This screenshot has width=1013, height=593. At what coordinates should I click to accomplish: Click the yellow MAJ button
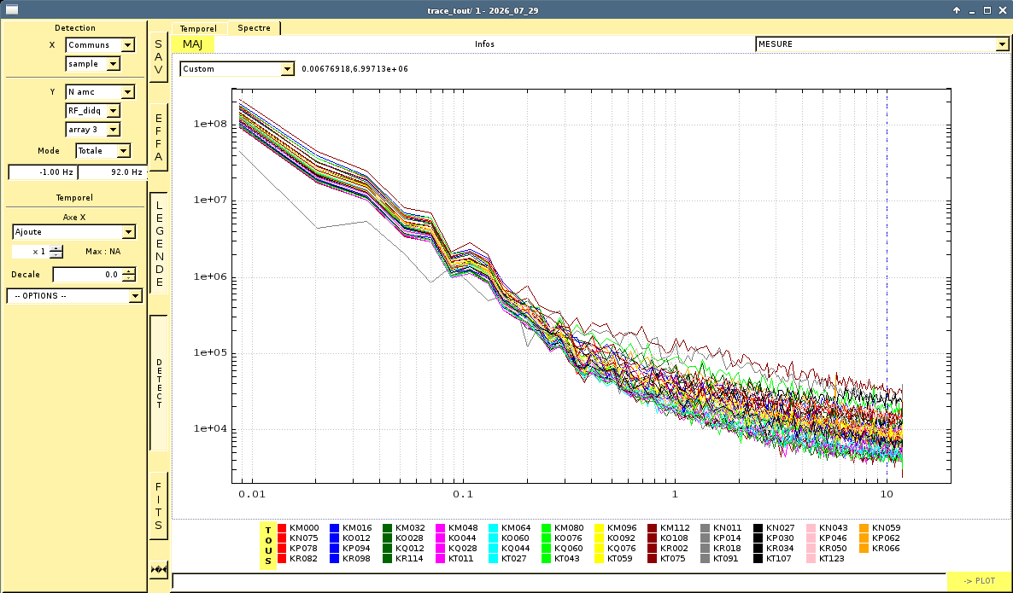[x=192, y=44]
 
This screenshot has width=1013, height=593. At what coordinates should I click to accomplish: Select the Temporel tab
[x=198, y=28]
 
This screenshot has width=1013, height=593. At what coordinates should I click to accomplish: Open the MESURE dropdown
[x=881, y=44]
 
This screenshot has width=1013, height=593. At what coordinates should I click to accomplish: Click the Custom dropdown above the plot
[x=237, y=69]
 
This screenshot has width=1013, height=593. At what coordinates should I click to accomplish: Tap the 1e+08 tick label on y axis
[x=211, y=124]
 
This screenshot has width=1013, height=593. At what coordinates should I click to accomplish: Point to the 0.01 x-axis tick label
[x=251, y=494]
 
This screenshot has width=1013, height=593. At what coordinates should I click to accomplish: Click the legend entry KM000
[x=298, y=528]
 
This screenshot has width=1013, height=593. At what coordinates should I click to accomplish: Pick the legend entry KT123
[x=826, y=559]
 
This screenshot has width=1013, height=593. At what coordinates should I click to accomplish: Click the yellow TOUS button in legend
[x=268, y=546]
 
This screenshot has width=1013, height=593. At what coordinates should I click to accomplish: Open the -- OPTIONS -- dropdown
[x=74, y=295]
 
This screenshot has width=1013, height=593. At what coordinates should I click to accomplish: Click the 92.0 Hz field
[x=112, y=172]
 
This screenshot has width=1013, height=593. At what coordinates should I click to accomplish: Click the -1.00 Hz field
[x=43, y=172]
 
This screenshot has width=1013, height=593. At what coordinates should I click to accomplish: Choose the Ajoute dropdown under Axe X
[x=73, y=231]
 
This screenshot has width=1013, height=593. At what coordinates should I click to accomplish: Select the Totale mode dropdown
[x=103, y=151]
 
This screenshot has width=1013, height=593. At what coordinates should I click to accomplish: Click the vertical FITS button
[x=158, y=506]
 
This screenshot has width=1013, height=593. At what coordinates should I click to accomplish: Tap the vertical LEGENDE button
[x=159, y=243]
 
